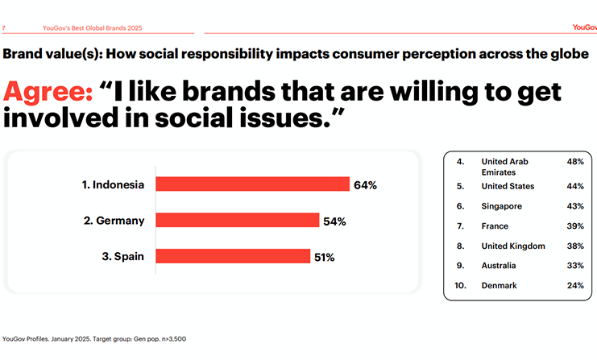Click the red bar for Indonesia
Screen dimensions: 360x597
click(x=252, y=184)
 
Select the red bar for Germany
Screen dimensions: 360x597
click(x=237, y=221)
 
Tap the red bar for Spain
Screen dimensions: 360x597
click(x=232, y=257)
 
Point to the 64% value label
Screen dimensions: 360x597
click(x=365, y=185)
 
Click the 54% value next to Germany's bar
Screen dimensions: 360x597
click(x=334, y=221)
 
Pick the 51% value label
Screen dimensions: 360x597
click(x=325, y=258)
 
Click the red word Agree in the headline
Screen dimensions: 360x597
click(x=48, y=91)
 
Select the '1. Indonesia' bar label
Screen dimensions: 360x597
click(x=113, y=184)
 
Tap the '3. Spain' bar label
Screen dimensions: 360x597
click(x=124, y=257)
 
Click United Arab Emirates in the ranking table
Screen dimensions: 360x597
click(x=504, y=167)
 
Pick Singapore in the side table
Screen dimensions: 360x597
click(x=501, y=206)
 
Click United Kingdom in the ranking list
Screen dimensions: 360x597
click(x=513, y=246)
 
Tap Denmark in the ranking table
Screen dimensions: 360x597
click(x=500, y=285)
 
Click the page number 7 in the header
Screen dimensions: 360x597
click(x=5, y=27)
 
